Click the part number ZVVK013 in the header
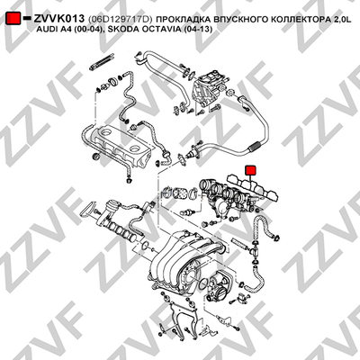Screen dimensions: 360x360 point(59,19)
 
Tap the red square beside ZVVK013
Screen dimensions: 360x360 point(13,19)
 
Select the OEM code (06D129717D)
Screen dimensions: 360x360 point(121,20)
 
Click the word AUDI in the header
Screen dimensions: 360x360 point(47,30)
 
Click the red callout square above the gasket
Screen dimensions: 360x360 point(250,170)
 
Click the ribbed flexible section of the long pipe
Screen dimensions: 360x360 point(254,147)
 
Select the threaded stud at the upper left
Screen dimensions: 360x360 point(102,61)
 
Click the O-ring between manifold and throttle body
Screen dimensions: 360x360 point(204,283)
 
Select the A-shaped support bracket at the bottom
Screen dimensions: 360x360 point(179,315)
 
